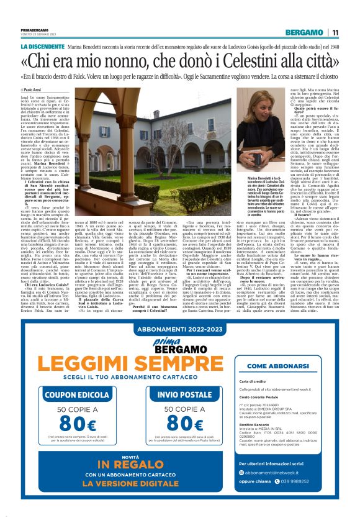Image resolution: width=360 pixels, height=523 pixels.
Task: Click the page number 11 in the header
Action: click(335, 32)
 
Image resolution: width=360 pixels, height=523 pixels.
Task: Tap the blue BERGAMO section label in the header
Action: click(304, 32)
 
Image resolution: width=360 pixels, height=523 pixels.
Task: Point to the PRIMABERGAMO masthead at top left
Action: click(35, 29)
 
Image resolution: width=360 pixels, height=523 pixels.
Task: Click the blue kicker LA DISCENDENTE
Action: click(42, 47)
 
